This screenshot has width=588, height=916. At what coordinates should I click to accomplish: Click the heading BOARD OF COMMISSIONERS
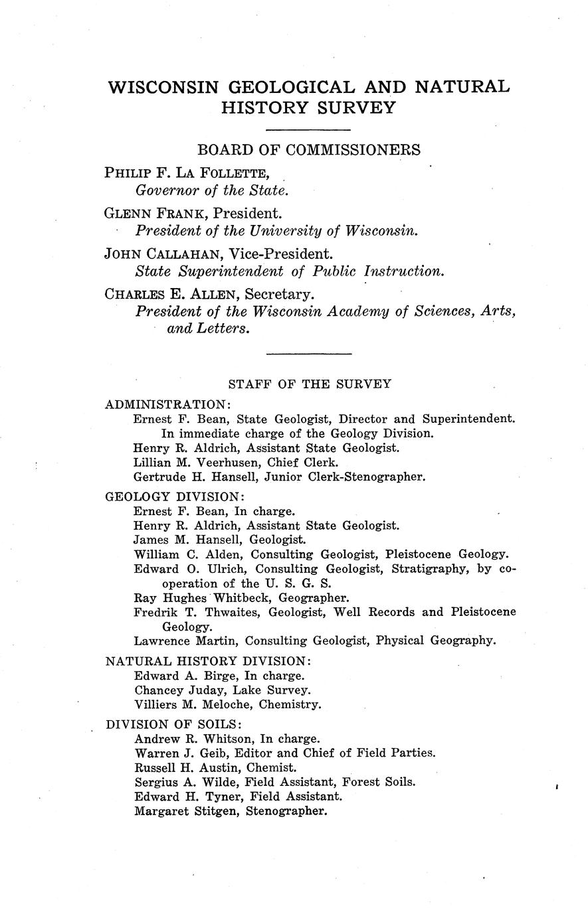tap(308, 150)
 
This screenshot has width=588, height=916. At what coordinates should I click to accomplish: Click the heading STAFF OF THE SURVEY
tap(310, 384)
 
